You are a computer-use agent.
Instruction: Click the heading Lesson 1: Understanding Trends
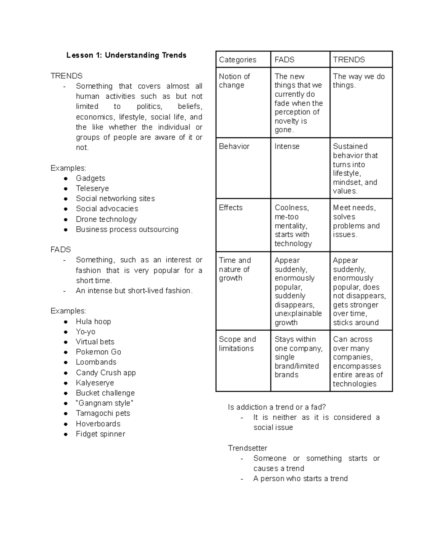coord(126,55)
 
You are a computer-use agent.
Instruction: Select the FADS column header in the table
coord(284,60)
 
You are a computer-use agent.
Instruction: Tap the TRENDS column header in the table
coord(348,60)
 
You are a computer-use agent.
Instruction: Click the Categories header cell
coord(237,60)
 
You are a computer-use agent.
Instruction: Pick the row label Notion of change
coord(234,81)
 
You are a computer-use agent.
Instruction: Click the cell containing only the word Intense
coord(287,146)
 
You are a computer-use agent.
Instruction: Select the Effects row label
coord(231,208)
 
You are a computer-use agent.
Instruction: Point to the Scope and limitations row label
coord(237,344)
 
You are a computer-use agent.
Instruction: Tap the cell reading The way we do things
coord(358,81)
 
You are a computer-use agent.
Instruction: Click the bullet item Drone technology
coord(106,219)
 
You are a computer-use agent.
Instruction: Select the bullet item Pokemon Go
coord(98,352)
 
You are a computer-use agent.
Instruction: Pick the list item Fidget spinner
coord(100,434)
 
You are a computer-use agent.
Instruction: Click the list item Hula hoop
coord(93,321)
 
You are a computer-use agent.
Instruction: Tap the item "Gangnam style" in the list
coord(104,403)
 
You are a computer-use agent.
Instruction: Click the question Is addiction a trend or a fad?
coord(277,407)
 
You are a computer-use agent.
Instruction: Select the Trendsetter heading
coord(247,448)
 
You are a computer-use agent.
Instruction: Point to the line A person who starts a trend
coord(300,478)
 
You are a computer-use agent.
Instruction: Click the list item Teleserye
coord(92,188)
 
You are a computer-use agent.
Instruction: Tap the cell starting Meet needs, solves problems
coord(356,221)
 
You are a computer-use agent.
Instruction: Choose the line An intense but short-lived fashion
coord(134,291)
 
